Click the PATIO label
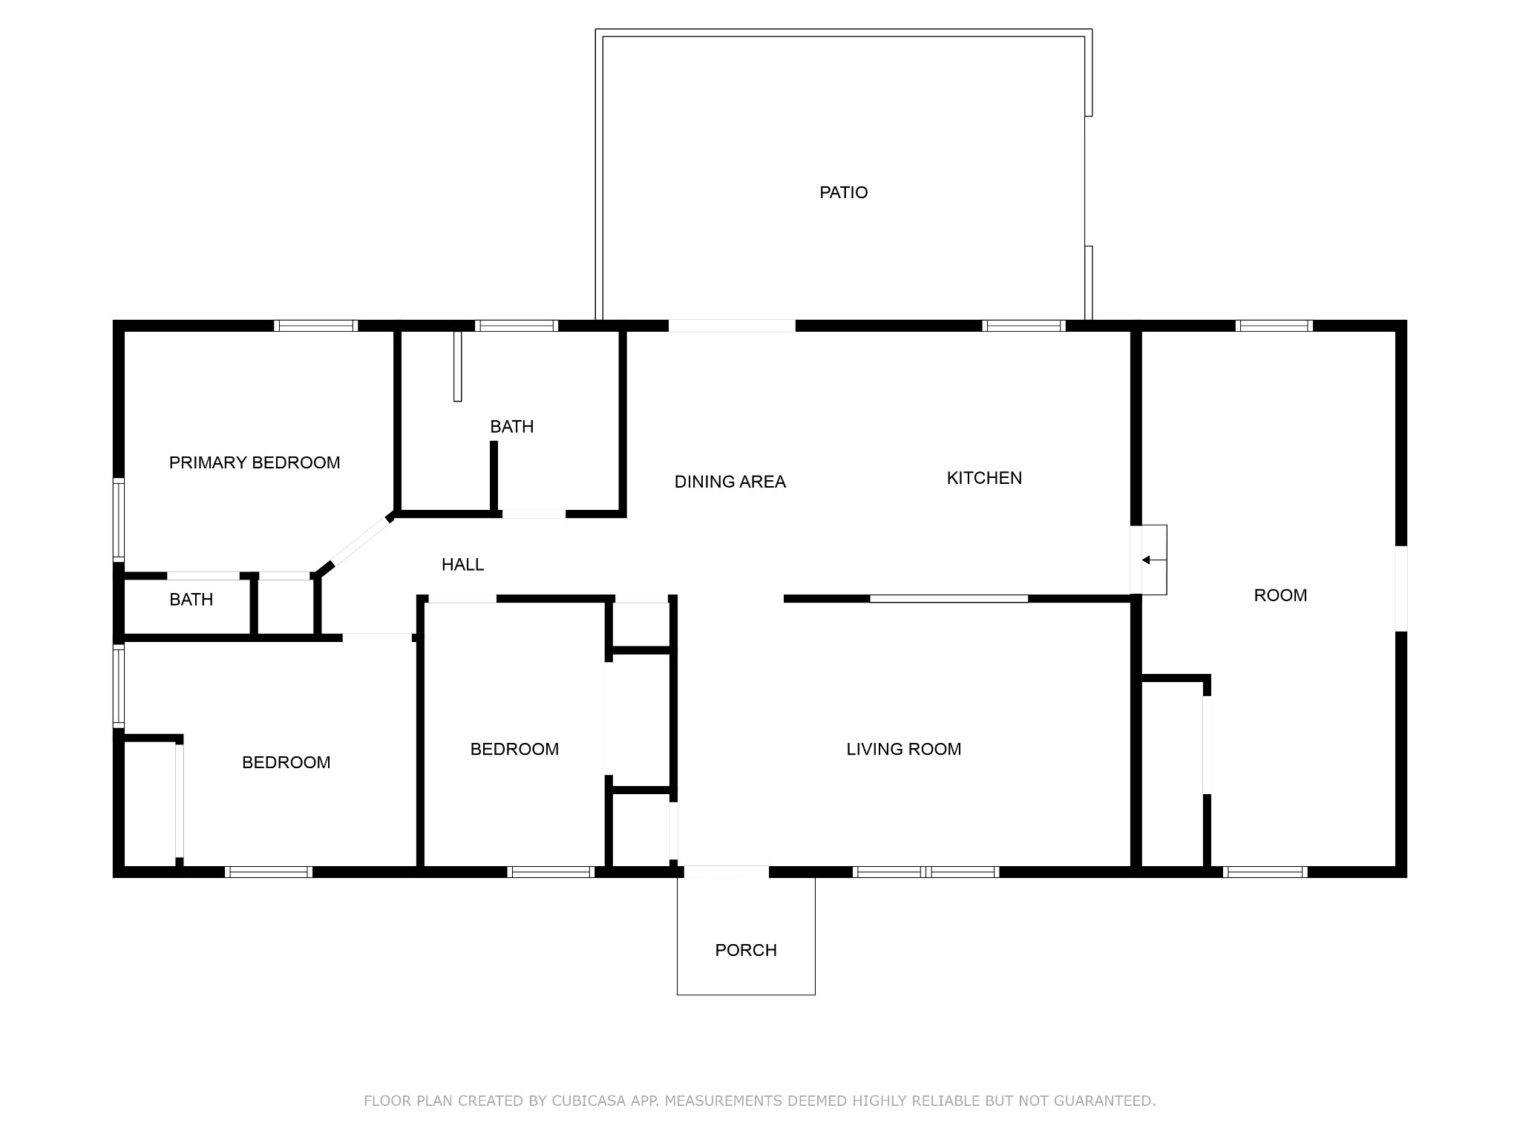click(843, 193)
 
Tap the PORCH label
click(745, 950)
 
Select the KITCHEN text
click(984, 478)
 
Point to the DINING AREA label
click(730, 482)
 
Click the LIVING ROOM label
click(903, 750)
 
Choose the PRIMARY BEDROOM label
click(255, 463)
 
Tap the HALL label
click(462, 565)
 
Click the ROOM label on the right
click(1280, 595)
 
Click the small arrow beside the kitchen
click(1147, 560)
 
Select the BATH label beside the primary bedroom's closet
click(191, 600)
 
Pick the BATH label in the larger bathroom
click(511, 427)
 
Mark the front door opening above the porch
click(726, 872)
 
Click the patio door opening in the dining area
click(732, 326)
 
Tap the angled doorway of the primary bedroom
click(358, 543)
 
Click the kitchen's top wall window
click(1023, 326)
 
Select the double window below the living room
click(926, 872)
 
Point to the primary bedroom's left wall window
click(118, 519)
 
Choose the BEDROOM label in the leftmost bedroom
click(286, 763)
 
